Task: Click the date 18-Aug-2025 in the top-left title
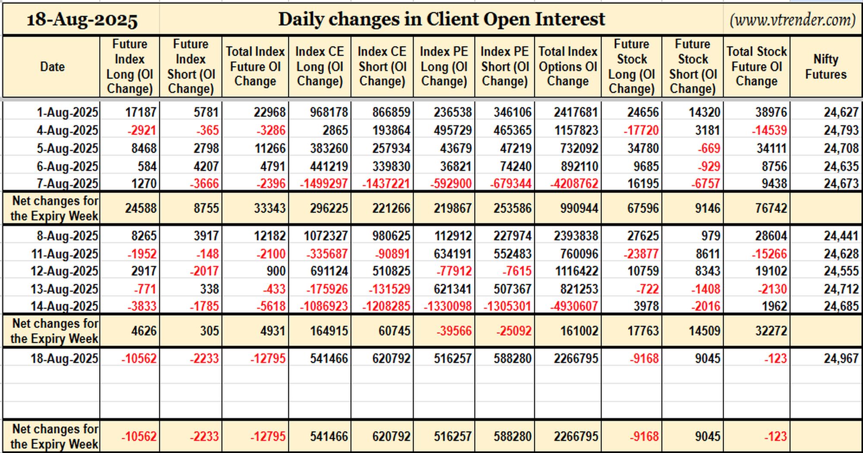[82, 20]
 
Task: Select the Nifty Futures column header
[826, 66]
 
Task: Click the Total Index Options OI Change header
[568, 66]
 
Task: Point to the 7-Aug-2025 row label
[67, 184]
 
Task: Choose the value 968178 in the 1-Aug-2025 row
[329, 113]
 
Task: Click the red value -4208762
[574, 184]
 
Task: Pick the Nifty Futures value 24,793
[841, 130]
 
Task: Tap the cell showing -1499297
[324, 184]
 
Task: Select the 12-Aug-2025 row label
[64, 271]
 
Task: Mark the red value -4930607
[574, 306]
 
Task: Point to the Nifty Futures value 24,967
[841, 359]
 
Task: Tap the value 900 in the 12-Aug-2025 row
[276, 271]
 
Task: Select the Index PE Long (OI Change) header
[444, 66]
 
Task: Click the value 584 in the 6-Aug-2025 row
[147, 167]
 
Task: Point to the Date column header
[52, 66]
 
